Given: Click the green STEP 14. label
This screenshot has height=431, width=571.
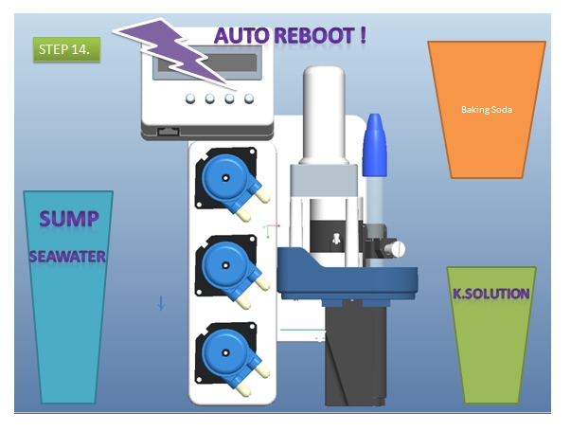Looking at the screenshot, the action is tap(66, 49).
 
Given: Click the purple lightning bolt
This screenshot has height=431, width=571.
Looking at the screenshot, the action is tap(174, 53).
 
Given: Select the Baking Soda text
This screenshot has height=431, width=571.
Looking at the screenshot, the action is tap(487, 109).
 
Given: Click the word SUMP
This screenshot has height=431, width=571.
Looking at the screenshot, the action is tap(69, 219).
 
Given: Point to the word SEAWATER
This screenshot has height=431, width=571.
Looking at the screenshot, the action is tap(67, 257).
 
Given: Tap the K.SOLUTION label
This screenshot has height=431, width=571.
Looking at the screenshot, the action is tap(491, 294).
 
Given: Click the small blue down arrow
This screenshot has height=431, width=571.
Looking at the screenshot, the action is tap(161, 303).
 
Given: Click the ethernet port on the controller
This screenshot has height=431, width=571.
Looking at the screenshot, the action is tap(168, 131).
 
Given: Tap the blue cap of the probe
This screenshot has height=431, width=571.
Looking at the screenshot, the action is tap(374, 145).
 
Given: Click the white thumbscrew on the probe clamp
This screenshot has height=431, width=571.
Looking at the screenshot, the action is tap(395, 249).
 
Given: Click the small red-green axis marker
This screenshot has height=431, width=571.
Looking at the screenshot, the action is tap(271, 231).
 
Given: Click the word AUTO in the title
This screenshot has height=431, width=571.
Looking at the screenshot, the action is tap(241, 36).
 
